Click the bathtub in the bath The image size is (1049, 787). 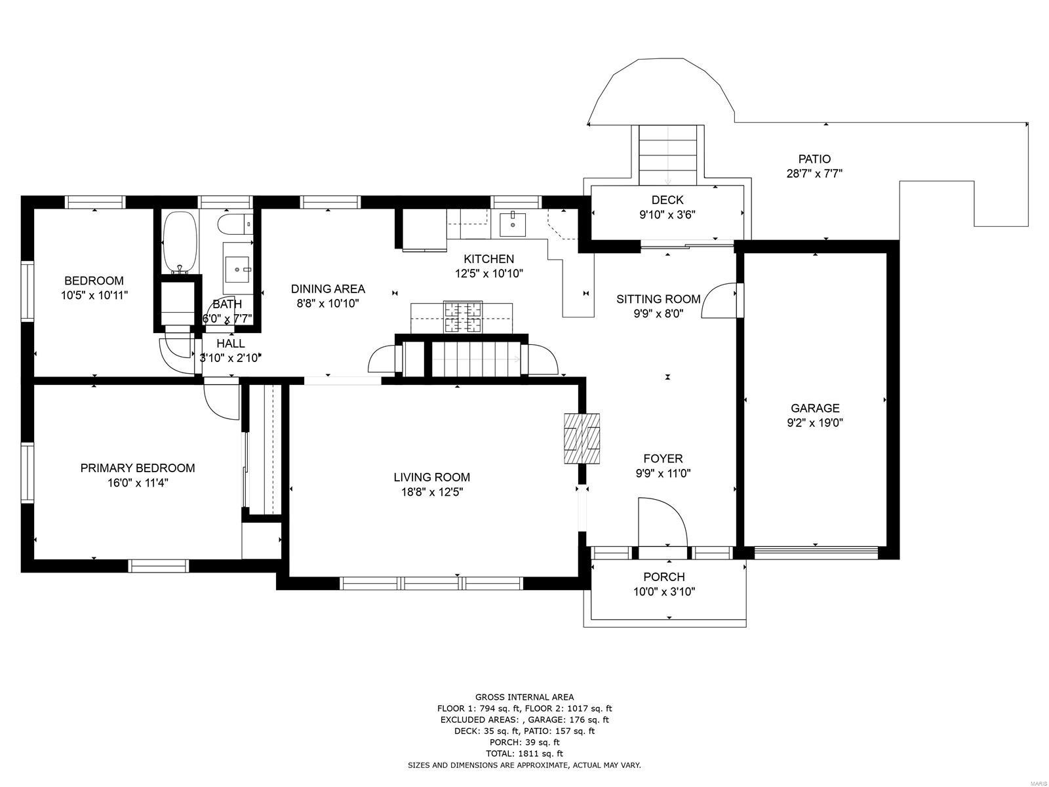coord(179,242)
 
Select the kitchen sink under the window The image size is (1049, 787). coord(512,224)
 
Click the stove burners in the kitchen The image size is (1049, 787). coord(463,316)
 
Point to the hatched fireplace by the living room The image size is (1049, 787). coord(582,438)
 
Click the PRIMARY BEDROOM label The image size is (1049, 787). coord(138,468)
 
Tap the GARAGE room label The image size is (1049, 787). coord(815,408)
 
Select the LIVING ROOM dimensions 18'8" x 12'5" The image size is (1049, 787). coord(432,492)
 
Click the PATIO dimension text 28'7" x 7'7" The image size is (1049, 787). coord(814,173)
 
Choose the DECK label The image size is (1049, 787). coord(667,200)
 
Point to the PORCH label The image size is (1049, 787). coord(663,576)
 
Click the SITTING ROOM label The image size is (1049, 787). coord(658,299)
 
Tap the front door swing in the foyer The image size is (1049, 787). coord(662,522)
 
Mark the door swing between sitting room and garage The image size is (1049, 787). coord(719,300)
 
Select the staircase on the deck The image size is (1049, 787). coord(667,155)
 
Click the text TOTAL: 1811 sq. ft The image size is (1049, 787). coord(524,754)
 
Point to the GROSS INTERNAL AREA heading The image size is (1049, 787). coord(524,697)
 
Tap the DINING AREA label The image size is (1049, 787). coord(328,289)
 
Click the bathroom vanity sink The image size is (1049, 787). coord(237,270)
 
